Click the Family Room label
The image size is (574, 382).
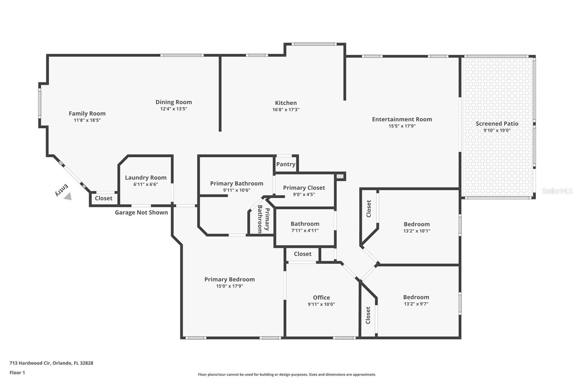pos(87,114)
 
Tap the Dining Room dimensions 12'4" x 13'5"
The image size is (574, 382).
pos(174,109)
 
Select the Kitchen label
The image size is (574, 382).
pos(286,103)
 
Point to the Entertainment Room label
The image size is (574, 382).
pos(402,119)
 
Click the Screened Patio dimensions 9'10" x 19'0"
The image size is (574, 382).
pos(497,130)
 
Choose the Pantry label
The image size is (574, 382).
pos(286,164)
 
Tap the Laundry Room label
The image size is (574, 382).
pos(146,178)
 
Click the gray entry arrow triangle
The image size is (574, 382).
pos(68,196)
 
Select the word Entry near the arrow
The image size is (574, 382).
pos(62,190)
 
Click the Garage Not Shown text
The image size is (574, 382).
pos(141,213)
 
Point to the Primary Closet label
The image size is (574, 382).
pos(304,188)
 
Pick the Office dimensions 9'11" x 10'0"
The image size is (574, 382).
pos(321,305)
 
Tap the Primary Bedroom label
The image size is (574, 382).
pos(229,280)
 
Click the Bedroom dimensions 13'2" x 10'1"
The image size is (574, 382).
pos(417,231)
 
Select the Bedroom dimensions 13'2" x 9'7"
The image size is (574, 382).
pos(416,304)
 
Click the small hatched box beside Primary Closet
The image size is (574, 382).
pos(340,176)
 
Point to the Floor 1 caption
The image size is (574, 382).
pos(17,373)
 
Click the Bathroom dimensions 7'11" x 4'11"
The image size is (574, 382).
pos(305,231)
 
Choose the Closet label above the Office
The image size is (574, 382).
pos(302,254)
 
